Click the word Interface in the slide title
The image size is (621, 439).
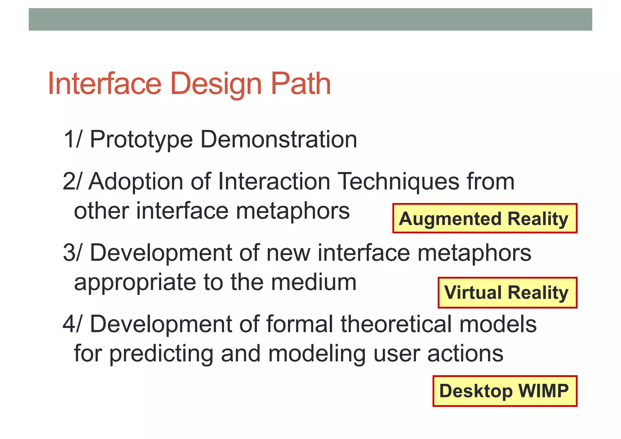point(104,84)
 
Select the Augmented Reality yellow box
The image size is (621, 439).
point(485,218)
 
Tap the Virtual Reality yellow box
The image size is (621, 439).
point(507,293)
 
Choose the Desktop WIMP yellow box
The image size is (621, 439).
point(505,391)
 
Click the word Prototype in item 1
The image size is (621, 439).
point(141,140)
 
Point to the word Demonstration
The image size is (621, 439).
point(279,140)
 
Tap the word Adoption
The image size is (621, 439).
point(136,182)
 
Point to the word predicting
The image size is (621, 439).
point(161,354)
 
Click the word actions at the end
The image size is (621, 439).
point(465,354)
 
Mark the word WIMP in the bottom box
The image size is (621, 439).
point(543,391)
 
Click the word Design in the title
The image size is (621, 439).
point(216,84)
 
